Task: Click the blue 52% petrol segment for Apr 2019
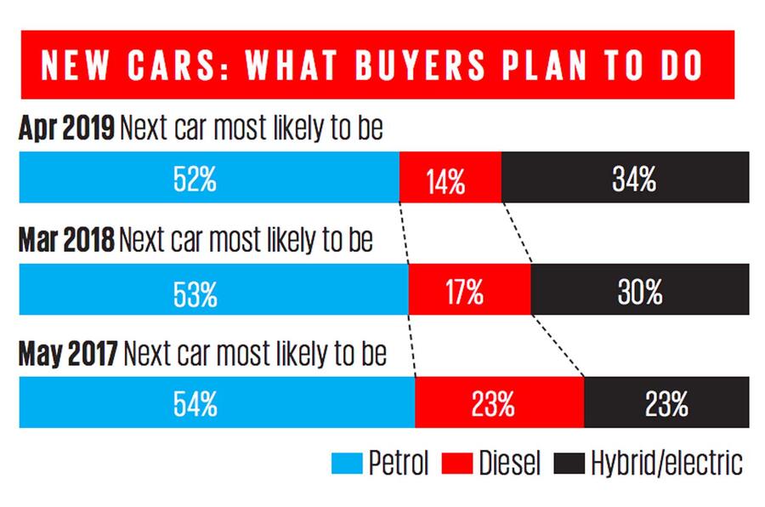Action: pos(208,178)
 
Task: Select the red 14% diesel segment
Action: pos(450,179)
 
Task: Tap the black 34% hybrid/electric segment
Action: pos(625,178)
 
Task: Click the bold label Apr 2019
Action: pos(65,128)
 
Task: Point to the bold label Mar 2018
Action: pos(66,242)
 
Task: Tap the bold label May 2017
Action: pos(71,354)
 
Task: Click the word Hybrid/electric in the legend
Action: pos(666,464)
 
